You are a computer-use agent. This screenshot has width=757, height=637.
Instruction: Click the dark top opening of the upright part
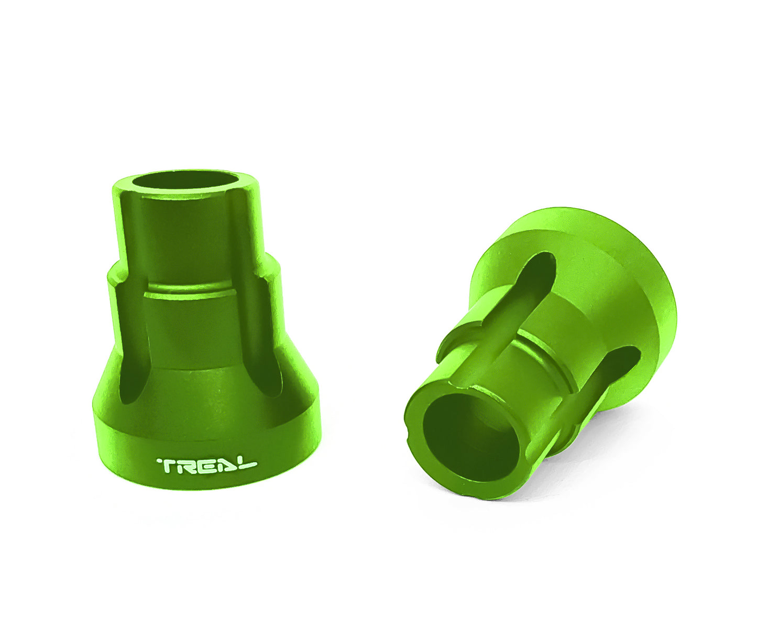[185, 180]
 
